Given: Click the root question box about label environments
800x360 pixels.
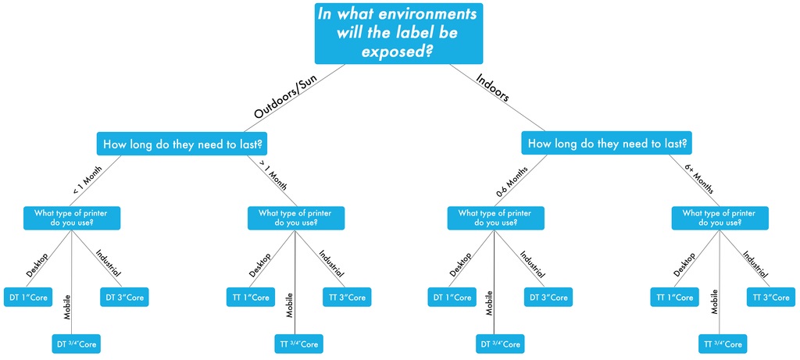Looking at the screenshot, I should [x=398, y=33].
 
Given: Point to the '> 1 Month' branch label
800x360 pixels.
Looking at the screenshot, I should [x=273, y=176].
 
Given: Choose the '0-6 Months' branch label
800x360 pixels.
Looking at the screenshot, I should [x=512, y=181].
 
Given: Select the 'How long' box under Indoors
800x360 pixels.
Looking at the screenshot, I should [x=607, y=144].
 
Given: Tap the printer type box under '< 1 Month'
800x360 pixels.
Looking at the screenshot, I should [x=72, y=218].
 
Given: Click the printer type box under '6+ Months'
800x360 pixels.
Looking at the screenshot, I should [x=720, y=218].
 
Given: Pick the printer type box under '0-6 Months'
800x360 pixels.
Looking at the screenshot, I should [x=495, y=218].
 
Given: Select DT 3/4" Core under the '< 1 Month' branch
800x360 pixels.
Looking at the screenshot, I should [x=77, y=344].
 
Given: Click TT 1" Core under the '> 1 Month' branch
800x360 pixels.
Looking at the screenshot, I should [x=251, y=298].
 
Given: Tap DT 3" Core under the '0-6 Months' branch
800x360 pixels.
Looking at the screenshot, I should [x=548, y=298].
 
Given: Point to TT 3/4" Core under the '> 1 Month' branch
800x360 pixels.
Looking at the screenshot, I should [x=299, y=344].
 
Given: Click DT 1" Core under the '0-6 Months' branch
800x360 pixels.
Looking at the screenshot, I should [x=451, y=298].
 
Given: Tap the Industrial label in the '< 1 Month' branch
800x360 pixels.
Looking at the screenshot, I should [x=109, y=263].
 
